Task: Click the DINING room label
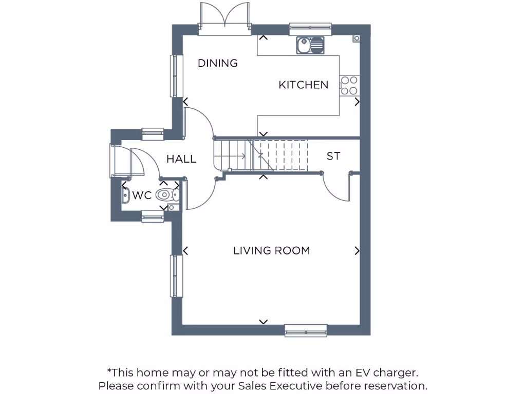pyautogui.click(x=218, y=63)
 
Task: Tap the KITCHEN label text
pyautogui.click(x=303, y=85)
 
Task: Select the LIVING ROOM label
pyautogui.click(x=271, y=251)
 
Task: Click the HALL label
pyautogui.click(x=181, y=159)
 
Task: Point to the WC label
pyautogui.click(x=142, y=195)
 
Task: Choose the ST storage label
pyautogui.click(x=333, y=156)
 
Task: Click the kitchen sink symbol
pyautogui.click(x=311, y=45)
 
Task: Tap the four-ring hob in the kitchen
pyautogui.click(x=349, y=85)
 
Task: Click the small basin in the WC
pyautogui.click(x=125, y=194)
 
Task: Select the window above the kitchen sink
pyautogui.click(x=310, y=29)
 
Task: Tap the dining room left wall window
pyautogui.click(x=177, y=75)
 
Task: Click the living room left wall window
pyautogui.click(x=177, y=275)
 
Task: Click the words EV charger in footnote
pyautogui.click(x=391, y=372)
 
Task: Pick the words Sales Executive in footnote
pyautogui.click(x=280, y=385)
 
